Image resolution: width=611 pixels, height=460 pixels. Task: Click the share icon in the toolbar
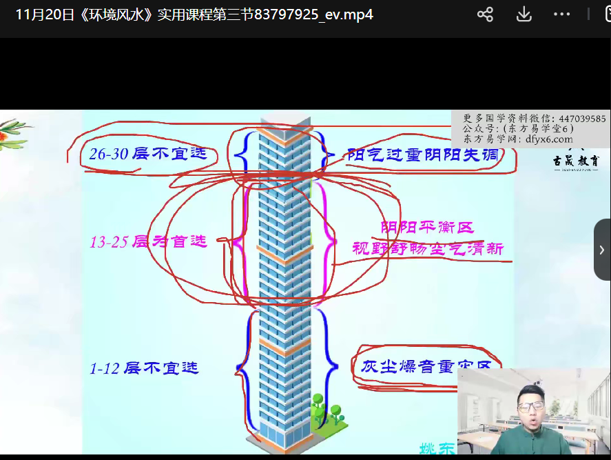485,14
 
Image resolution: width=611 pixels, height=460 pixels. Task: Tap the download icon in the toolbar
524,14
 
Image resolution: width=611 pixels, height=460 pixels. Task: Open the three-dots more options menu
561,14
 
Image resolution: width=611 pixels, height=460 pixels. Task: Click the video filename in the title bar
194,14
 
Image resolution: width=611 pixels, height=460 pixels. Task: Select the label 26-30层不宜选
148,154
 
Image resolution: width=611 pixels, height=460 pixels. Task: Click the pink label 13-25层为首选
148,242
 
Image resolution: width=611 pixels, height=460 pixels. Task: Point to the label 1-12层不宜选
144,368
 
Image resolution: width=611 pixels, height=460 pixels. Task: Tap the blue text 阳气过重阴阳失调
422,154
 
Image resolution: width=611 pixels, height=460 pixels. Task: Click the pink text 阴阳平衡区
427,227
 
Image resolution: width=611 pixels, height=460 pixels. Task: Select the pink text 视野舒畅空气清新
428,248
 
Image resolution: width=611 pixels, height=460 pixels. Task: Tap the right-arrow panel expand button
601,250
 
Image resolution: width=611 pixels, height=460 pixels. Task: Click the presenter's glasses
531,407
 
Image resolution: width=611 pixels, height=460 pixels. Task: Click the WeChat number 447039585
582,119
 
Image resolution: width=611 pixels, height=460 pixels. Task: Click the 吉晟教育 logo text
576,161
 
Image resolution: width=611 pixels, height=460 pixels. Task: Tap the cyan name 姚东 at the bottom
438,448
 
